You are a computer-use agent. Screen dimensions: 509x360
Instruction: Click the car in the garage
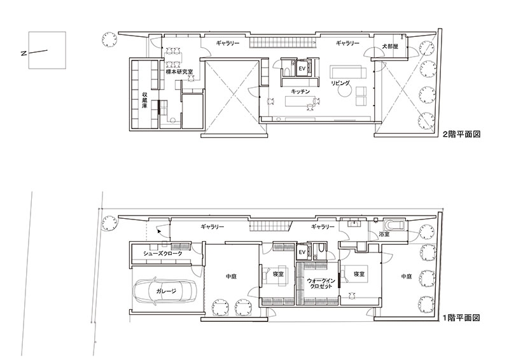165,291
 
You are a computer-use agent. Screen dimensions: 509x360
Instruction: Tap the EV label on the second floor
302,69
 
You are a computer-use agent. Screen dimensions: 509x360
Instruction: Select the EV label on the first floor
302,252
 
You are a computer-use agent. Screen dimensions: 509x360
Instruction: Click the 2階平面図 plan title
461,134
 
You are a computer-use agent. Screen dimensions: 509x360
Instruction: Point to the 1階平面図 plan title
461,318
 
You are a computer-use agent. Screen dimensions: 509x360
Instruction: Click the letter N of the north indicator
24,53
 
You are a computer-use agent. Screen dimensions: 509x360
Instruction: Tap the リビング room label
340,83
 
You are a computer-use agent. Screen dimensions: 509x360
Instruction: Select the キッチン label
300,92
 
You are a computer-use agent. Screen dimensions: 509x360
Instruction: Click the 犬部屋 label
390,46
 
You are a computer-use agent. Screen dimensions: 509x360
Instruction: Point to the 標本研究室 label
179,72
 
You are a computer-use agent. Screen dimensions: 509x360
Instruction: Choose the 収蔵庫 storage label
145,100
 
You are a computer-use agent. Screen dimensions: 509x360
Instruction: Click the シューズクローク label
163,254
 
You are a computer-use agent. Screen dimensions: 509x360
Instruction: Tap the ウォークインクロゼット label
319,283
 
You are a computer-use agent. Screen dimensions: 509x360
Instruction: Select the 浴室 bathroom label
384,233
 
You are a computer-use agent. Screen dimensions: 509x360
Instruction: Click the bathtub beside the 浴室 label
394,225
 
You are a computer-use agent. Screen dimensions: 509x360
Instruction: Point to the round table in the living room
345,92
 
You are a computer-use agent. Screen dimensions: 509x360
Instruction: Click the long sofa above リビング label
348,71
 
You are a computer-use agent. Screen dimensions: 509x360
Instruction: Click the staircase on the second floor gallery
282,41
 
